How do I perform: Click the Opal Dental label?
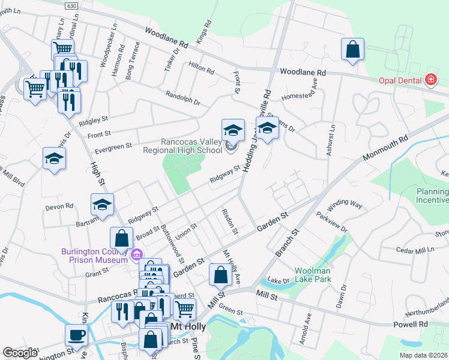click(399, 81)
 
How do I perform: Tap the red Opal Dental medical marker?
click(430, 80)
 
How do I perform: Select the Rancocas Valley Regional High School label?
click(183, 146)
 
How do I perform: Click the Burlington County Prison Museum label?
click(95, 256)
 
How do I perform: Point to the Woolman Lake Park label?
click(318, 275)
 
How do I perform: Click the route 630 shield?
click(72, 4)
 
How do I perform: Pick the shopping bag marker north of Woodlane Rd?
click(353, 49)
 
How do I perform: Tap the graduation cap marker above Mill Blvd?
click(55, 158)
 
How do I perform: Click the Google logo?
click(20, 353)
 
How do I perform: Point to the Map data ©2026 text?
click(423, 355)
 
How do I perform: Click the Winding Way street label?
click(349, 204)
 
